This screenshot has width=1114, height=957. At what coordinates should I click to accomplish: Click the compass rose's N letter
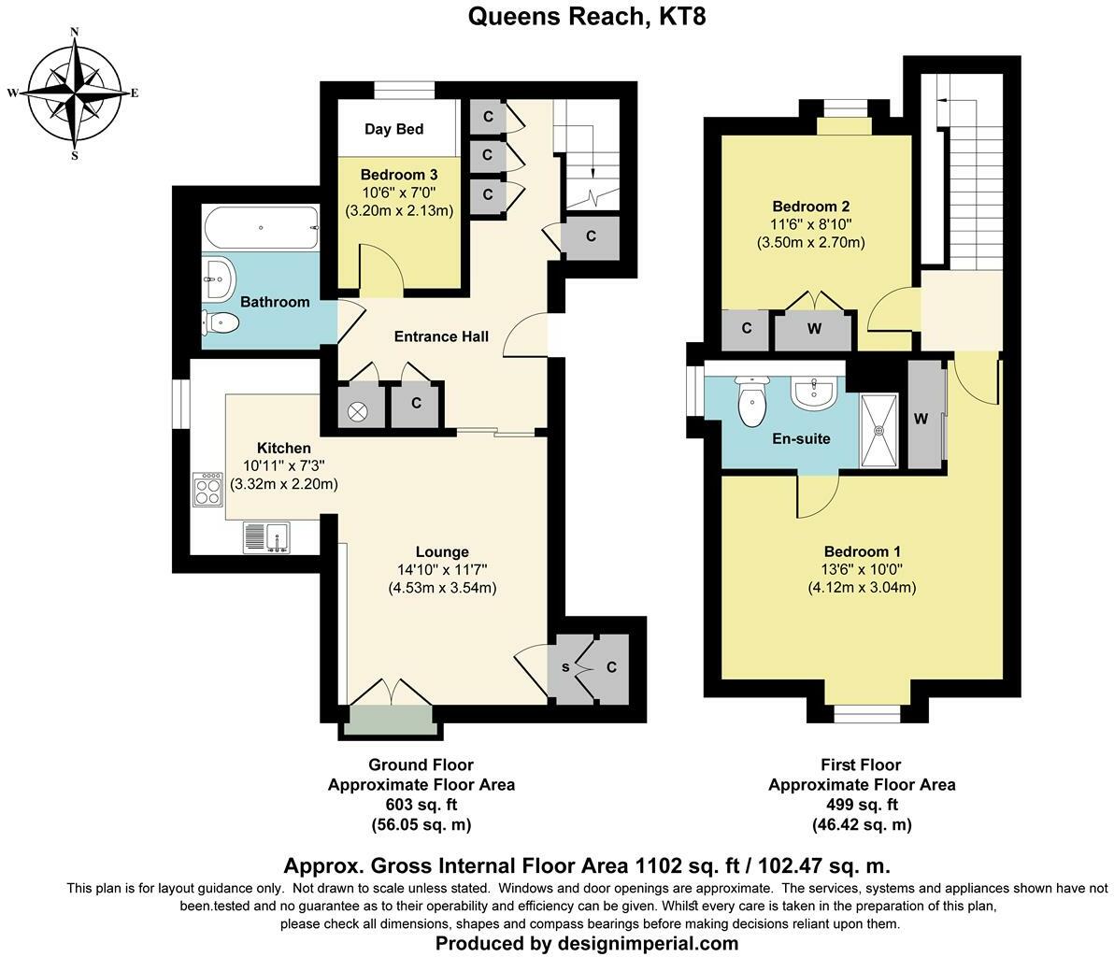point(74,32)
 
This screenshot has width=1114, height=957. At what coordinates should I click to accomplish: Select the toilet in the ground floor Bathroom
point(221,323)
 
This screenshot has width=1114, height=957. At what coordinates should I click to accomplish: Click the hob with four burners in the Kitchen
point(207,490)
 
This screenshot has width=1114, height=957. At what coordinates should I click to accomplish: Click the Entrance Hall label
point(441,336)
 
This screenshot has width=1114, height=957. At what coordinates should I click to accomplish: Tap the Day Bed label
point(393,129)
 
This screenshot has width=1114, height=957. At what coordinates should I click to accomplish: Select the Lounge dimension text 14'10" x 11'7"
point(442,569)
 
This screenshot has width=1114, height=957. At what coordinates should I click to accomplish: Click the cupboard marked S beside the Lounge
point(565,667)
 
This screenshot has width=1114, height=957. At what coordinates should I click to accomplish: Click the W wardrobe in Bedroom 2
point(814,329)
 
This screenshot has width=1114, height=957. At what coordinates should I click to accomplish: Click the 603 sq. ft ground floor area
point(421,805)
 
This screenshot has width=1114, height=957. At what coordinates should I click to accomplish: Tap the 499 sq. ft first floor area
point(861,805)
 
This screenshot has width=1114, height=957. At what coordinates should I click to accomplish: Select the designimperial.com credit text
point(586,943)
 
